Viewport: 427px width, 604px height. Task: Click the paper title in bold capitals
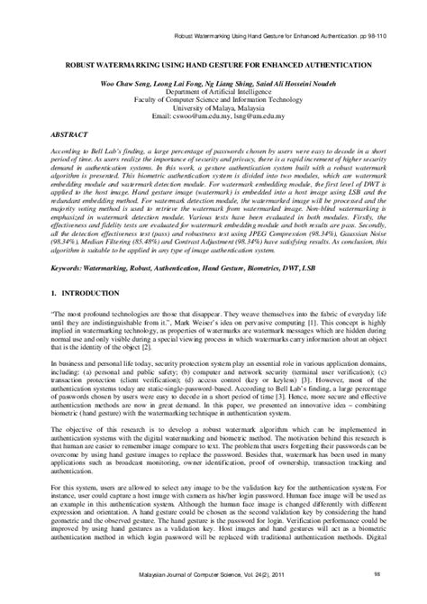[x=214, y=68]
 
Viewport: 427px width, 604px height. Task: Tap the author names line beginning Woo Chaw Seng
[x=213, y=93]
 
